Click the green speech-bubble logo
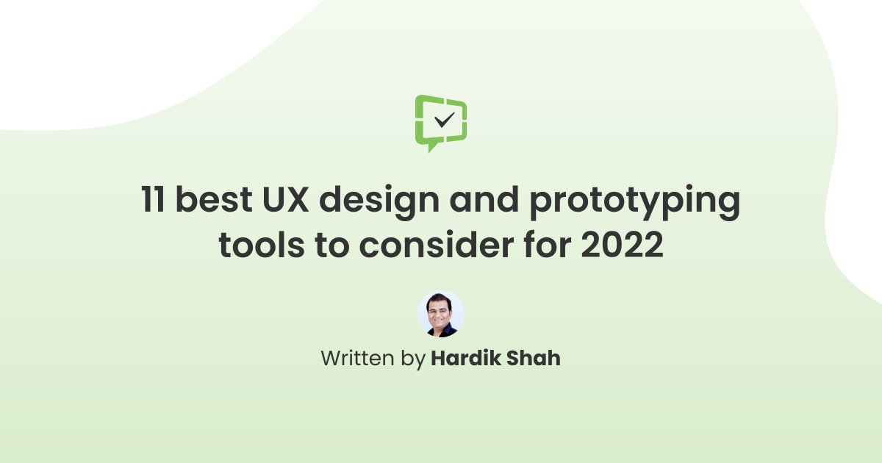click(x=441, y=121)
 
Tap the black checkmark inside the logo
click(x=444, y=120)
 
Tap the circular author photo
click(x=441, y=315)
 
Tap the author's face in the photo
click(x=441, y=310)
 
